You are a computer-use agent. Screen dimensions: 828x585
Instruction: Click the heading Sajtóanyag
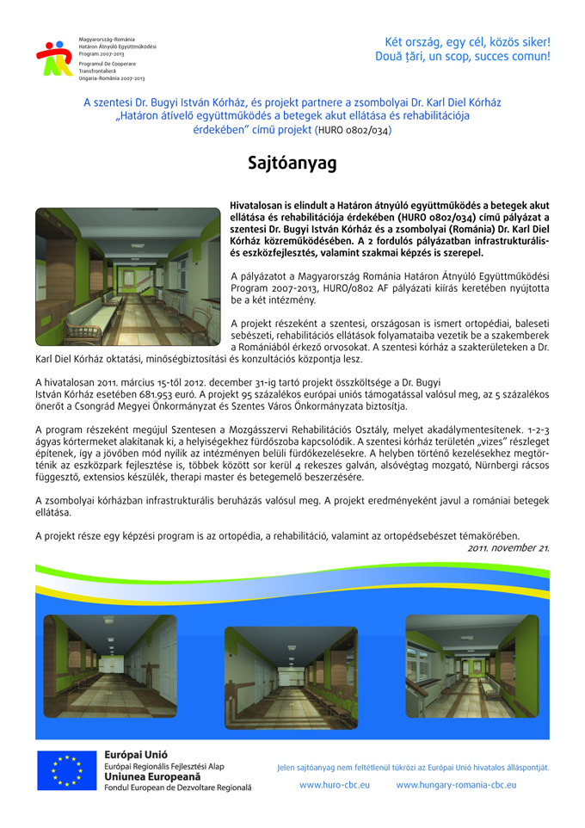click(x=292, y=164)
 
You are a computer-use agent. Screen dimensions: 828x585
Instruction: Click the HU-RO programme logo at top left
click(x=53, y=59)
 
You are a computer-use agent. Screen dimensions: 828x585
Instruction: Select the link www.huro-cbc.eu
click(x=334, y=785)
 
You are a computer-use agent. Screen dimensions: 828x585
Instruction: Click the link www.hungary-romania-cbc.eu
click(x=456, y=785)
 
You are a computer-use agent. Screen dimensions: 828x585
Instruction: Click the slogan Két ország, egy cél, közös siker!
click(x=468, y=41)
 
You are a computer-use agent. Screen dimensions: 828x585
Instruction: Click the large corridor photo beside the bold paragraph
click(x=127, y=276)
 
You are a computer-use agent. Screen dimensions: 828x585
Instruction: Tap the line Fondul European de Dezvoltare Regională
click(x=178, y=788)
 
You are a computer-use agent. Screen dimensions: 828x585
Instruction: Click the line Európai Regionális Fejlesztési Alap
click(x=164, y=765)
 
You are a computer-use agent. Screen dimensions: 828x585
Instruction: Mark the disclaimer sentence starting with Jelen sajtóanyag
click(x=412, y=767)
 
